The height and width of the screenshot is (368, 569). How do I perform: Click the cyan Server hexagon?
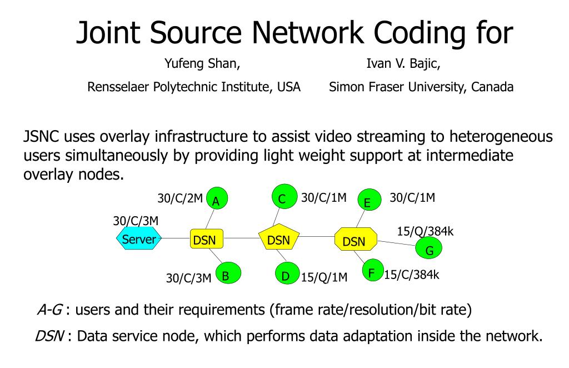click(139, 238)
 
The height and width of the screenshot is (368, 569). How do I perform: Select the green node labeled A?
click(217, 198)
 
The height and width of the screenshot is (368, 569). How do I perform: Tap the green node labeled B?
click(228, 273)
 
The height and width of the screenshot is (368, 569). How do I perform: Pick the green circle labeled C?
click(284, 196)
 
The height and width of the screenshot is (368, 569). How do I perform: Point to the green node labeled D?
click(287, 273)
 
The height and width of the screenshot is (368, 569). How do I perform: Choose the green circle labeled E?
click(370, 200)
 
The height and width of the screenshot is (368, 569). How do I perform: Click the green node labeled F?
click(373, 270)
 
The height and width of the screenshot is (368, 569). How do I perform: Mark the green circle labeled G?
click(428, 248)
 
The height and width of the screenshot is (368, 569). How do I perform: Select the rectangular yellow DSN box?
click(207, 239)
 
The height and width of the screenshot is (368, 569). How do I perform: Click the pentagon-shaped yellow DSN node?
click(279, 238)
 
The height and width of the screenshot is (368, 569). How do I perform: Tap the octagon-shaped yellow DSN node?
click(356, 239)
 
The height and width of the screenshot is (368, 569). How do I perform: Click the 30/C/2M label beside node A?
click(180, 198)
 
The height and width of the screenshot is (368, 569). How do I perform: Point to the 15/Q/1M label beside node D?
click(324, 277)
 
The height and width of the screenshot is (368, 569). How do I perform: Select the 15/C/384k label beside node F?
click(412, 275)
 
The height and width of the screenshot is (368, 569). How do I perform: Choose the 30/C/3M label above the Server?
click(136, 221)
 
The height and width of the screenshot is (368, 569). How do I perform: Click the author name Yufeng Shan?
click(202, 63)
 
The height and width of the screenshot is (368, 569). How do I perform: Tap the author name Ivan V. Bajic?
click(403, 63)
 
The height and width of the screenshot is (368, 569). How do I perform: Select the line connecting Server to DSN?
click(176, 238)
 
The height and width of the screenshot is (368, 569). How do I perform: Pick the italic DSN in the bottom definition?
click(49, 336)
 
